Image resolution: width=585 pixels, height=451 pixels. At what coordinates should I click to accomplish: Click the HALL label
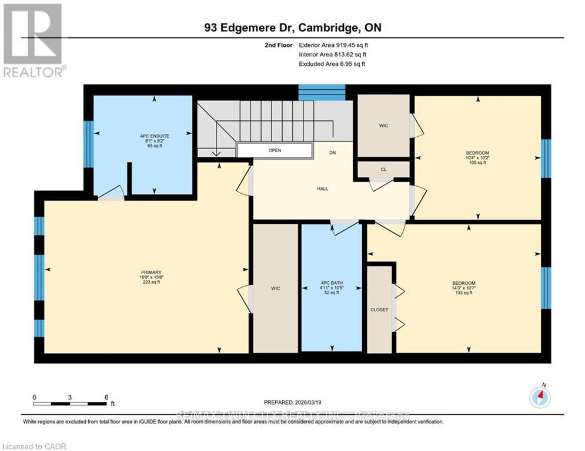322,189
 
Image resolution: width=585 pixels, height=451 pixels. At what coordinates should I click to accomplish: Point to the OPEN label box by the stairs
275,150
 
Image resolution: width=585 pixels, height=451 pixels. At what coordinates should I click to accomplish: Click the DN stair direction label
332,153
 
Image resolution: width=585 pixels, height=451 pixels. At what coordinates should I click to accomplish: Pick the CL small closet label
383,170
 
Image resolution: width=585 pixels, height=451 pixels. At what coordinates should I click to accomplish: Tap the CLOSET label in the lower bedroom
379,309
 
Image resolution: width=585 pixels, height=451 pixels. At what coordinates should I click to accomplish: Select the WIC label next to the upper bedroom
383,126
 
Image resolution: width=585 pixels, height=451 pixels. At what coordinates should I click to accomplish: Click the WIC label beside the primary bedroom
275,288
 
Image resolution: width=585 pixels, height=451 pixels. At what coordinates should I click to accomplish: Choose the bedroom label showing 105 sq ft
477,157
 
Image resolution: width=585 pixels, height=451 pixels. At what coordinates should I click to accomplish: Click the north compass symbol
539,398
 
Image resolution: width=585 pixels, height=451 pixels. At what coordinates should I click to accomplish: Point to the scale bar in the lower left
71,402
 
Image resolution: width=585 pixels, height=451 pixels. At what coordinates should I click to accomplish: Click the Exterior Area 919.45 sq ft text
334,45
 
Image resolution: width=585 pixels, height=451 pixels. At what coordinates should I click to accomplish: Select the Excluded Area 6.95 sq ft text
332,63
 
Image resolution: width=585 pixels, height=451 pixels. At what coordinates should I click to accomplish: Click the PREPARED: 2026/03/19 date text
292,402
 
